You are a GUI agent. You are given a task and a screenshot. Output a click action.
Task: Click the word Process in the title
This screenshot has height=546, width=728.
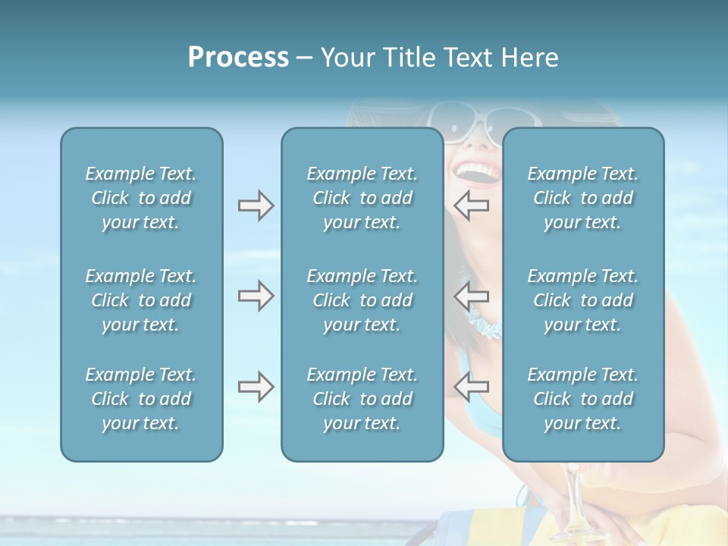pyautogui.click(x=238, y=58)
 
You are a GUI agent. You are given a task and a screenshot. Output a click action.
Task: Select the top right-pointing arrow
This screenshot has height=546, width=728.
pyautogui.click(x=256, y=206)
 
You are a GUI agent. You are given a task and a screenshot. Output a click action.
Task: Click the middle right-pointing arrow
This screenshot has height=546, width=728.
pyautogui.click(x=256, y=296)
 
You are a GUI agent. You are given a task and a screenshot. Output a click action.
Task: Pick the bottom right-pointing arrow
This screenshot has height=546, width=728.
pyautogui.click(x=256, y=387)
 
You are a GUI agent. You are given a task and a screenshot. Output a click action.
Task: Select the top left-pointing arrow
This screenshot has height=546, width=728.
pyautogui.click(x=471, y=206)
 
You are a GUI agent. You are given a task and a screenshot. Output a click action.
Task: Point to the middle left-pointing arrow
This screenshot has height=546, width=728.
pyautogui.click(x=471, y=296)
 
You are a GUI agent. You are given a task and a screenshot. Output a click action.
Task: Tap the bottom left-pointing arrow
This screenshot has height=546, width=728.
pyautogui.click(x=471, y=387)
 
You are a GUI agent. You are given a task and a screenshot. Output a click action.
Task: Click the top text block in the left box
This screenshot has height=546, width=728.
pyautogui.click(x=141, y=198)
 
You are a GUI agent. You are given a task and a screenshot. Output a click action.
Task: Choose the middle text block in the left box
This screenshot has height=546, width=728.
pyautogui.click(x=141, y=300)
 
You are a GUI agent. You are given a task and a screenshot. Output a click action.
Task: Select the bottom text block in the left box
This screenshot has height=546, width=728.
pyautogui.click(x=141, y=399)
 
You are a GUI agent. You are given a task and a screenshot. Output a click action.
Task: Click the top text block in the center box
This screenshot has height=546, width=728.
pyautogui.click(x=362, y=198)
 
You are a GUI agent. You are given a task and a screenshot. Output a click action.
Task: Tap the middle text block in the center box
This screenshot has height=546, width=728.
pyautogui.click(x=362, y=300)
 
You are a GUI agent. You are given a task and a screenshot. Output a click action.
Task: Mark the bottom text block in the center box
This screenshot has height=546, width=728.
pyautogui.click(x=362, y=399)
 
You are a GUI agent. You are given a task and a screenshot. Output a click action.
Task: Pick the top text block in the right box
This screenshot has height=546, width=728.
pyautogui.click(x=582, y=198)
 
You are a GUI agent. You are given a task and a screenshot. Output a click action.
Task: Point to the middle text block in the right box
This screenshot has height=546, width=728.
pyautogui.click(x=582, y=300)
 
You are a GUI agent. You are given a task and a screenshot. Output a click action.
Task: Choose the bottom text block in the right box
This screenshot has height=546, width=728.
pyautogui.click(x=582, y=399)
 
